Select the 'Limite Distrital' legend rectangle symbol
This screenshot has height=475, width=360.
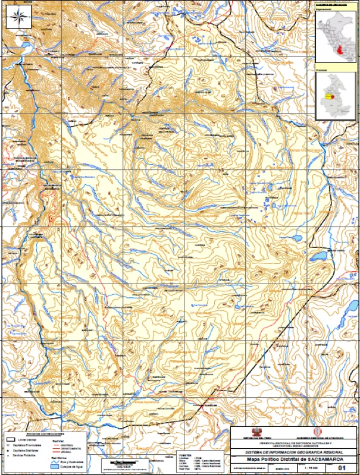pyautogui.click(x=10, y=440)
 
